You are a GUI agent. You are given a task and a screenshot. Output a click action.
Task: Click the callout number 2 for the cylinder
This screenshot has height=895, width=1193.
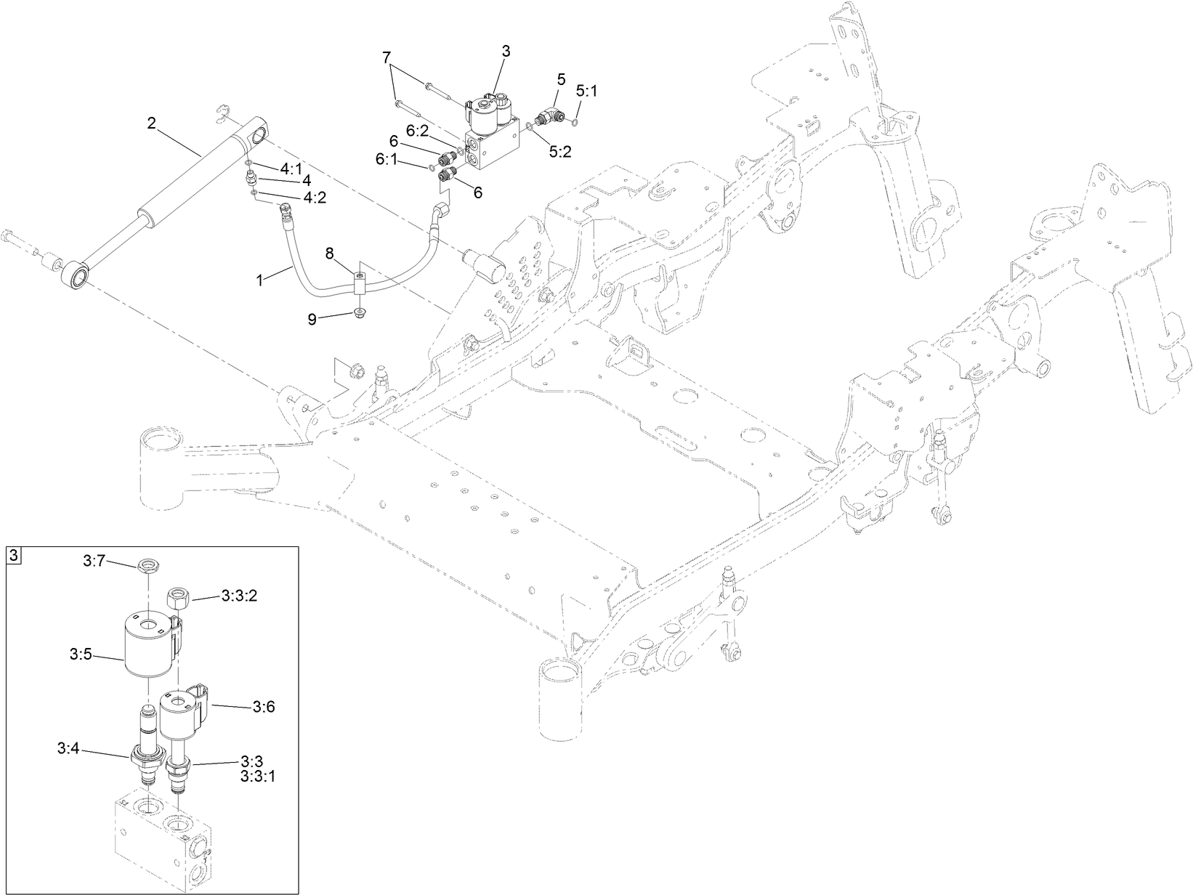pos(151,123)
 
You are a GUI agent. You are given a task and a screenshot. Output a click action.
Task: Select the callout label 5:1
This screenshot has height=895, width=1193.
pos(586,92)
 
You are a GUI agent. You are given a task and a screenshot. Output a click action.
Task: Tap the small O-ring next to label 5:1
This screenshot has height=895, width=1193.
pos(576,121)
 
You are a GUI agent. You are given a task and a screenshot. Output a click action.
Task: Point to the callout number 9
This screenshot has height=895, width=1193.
pos(312,319)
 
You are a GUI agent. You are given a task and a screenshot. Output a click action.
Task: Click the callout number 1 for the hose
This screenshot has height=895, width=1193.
pos(262,278)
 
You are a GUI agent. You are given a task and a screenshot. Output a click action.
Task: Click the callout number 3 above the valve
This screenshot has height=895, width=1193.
pos(506,51)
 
